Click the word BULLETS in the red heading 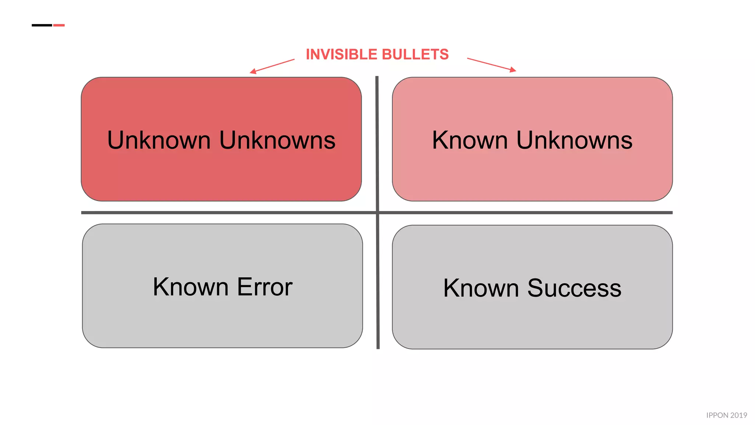click(x=415, y=55)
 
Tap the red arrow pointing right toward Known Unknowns click(x=491, y=64)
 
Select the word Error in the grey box click(x=265, y=287)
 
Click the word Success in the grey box click(x=574, y=288)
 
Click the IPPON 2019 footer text click(x=726, y=415)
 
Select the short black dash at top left click(x=42, y=25)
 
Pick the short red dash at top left click(x=59, y=25)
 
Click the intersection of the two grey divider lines click(x=377, y=212)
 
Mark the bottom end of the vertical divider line click(x=378, y=347)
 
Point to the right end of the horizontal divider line click(x=671, y=212)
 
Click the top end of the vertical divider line click(x=377, y=77)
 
